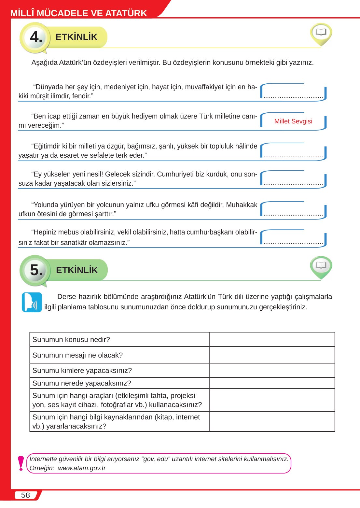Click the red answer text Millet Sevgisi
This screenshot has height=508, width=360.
(x=293, y=121)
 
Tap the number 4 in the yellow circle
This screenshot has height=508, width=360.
(x=36, y=37)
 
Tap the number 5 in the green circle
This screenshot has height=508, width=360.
(x=36, y=270)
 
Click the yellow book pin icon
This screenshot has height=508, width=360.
(x=321, y=33)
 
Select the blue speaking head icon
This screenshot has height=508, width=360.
(x=32, y=302)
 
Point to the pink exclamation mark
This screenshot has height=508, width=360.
(x=21, y=463)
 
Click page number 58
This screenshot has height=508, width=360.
(x=25, y=495)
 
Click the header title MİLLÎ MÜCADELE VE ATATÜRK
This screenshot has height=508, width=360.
(x=79, y=13)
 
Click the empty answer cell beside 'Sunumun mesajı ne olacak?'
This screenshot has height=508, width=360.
(x=272, y=355)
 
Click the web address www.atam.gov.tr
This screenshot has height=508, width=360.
(x=82, y=468)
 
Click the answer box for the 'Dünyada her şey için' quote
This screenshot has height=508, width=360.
(x=293, y=92)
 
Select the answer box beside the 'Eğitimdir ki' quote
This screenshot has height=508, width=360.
(x=293, y=152)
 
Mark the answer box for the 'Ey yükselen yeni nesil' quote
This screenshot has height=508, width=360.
(x=293, y=179)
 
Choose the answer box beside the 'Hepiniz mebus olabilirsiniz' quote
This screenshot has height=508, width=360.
(x=293, y=238)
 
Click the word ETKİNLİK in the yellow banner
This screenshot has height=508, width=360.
(x=76, y=37)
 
